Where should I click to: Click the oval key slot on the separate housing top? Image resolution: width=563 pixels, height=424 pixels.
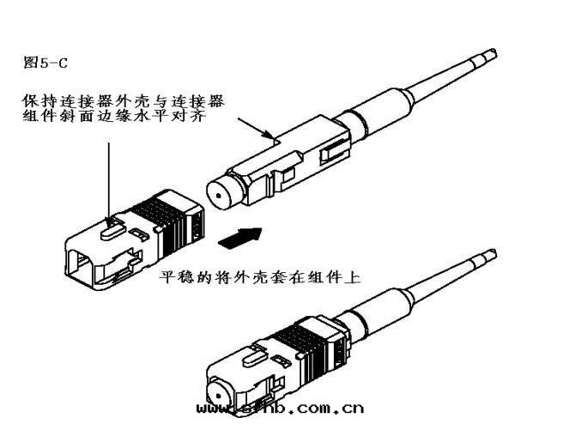pyautogui.click(x=108, y=227)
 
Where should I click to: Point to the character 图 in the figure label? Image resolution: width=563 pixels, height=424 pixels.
pyautogui.click(x=32, y=63)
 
